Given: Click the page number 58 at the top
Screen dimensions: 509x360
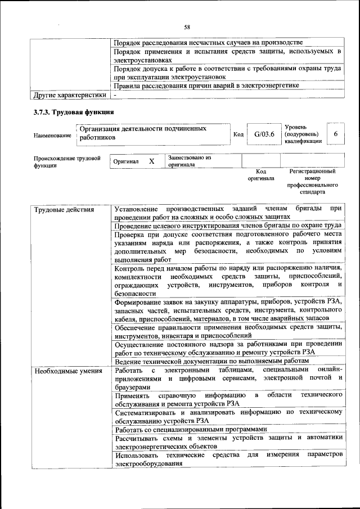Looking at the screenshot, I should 187,26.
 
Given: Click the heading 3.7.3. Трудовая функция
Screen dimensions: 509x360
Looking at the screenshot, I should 74,112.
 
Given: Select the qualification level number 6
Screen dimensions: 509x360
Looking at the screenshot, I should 335,134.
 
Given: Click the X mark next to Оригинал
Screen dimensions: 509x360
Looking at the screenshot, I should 151,161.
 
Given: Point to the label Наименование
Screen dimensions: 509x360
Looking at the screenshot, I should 52,136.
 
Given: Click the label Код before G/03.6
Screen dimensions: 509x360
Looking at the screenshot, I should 238,135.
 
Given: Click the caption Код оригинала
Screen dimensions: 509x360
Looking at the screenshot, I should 261,175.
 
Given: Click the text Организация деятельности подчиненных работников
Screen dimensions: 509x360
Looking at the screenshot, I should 150,133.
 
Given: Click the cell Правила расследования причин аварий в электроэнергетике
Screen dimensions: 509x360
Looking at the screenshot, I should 206,85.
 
